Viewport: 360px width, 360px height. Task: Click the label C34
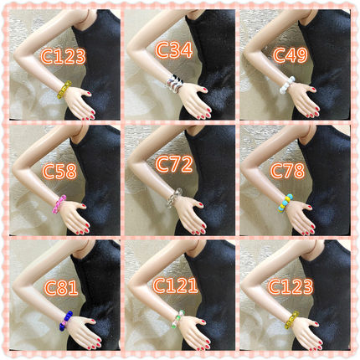tap(174, 50)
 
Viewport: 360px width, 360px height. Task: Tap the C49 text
tap(290, 54)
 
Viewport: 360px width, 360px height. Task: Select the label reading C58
tap(59, 171)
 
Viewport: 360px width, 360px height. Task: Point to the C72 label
tap(174, 164)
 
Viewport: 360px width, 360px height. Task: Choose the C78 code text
tap(287, 170)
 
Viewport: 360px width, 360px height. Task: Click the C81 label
tap(61, 288)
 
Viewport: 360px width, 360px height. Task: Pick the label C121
tap(175, 285)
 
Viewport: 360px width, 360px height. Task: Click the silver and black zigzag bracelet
tap(175, 84)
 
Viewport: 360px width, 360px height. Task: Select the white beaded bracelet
tap(287, 85)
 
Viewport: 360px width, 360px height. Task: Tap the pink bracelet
tap(59, 204)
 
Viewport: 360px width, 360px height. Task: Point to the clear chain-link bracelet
tap(175, 198)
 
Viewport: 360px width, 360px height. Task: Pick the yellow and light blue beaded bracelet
tap(285, 203)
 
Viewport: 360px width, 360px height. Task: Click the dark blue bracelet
tap(66, 321)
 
